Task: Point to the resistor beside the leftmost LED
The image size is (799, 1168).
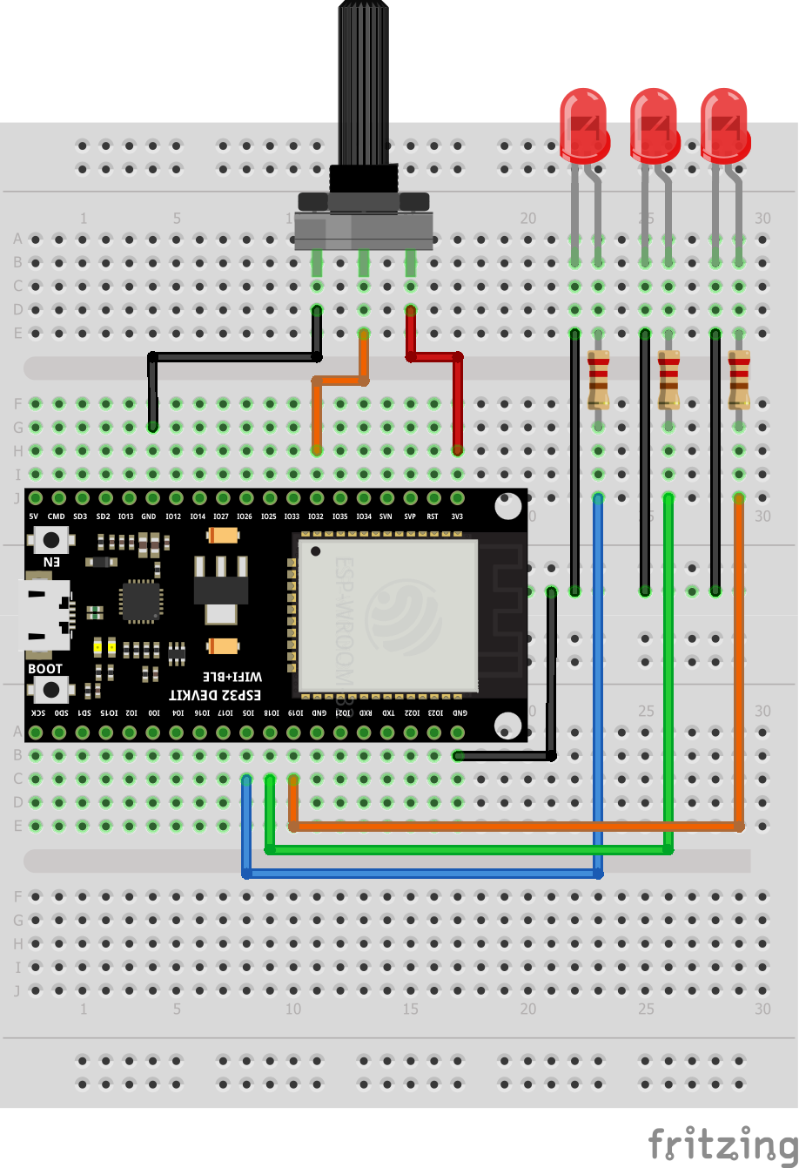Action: tap(598, 380)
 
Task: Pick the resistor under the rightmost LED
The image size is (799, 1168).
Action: tap(739, 380)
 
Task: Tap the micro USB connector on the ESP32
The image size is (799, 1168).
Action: tap(45, 615)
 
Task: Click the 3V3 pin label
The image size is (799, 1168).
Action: tap(457, 516)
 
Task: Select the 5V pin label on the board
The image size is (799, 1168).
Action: tap(34, 516)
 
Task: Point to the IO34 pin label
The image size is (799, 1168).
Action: tap(363, 516)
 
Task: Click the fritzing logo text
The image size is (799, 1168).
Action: tap(722, 1141)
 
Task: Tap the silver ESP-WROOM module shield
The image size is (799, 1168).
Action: tap(388, 614)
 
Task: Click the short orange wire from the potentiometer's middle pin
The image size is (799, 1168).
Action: tap(340, 380)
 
